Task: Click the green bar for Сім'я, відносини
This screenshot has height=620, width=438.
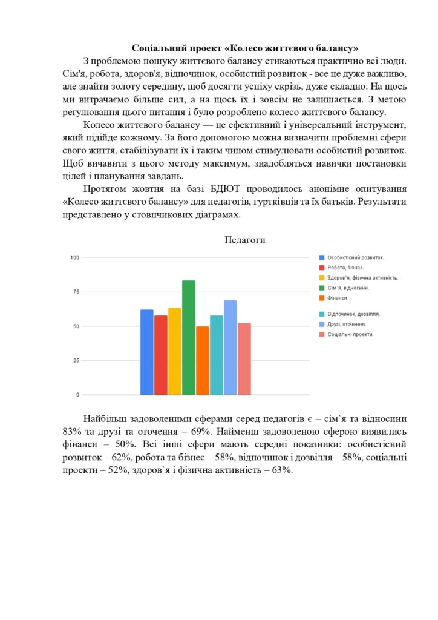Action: pos(189,337)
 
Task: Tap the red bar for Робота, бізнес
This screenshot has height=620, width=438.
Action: pos(161,355)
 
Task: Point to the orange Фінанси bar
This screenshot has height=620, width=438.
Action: pos(203,360)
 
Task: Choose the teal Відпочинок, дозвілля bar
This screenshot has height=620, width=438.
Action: pos(217,355)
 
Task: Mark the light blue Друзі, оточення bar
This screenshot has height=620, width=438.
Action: pos(230,348)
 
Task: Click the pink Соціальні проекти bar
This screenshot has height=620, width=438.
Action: pos(244,358)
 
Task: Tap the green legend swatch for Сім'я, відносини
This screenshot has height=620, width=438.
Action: pos(322,288)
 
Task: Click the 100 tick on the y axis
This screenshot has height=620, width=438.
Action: pos(75,257)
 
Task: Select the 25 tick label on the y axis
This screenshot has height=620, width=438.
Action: pos(76,360)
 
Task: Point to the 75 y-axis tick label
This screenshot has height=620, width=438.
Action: pos(76,292)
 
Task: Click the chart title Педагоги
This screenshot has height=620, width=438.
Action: pos(245,240)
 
